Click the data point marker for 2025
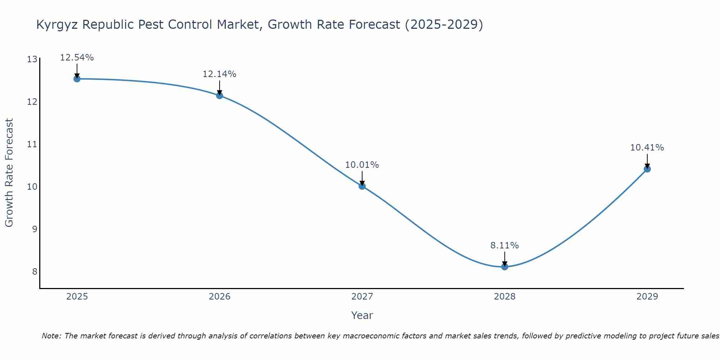pyautogui.click(x=77, y=79)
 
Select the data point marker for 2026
pyautogui.click(x=220, y=95)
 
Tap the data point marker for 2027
pyautogui.click(x=362, y=186)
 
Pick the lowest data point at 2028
pyautogui.click(x=505, y=267)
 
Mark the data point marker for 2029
pyautogui.click(x=647, y=169)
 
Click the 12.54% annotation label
pyautogui.click(x=77, y=58)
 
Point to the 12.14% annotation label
pyautogui.click(x=220, y=74)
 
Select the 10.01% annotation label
pyautogui.click(x=362, y=165)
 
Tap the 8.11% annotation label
pyautogui.click(x=505, y=246)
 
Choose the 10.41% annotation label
pyautogui.click(x=647, y=148)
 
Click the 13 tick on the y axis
pyautogui.click(x=32, y=59)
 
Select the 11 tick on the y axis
pyautogui.click(x=32, y=144)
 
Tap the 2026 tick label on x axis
pyautogui.click(x=220, y=297)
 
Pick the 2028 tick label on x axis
pyautogui.click(x=505, y=297)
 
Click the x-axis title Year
pyautogui.click(x=362, y=315)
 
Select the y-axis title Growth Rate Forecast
pyautogui.click(x=9, y=173)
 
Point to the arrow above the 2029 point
pyautogui.click(x=647, y=161)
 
